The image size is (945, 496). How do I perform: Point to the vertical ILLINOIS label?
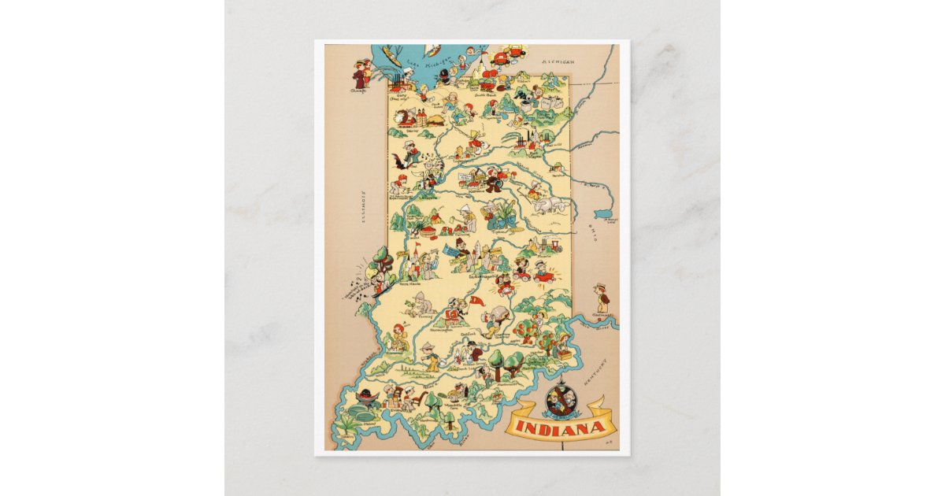coord(365,207)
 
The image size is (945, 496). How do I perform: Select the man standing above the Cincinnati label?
coord(602,296)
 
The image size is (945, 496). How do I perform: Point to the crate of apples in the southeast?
coord(565,355)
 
